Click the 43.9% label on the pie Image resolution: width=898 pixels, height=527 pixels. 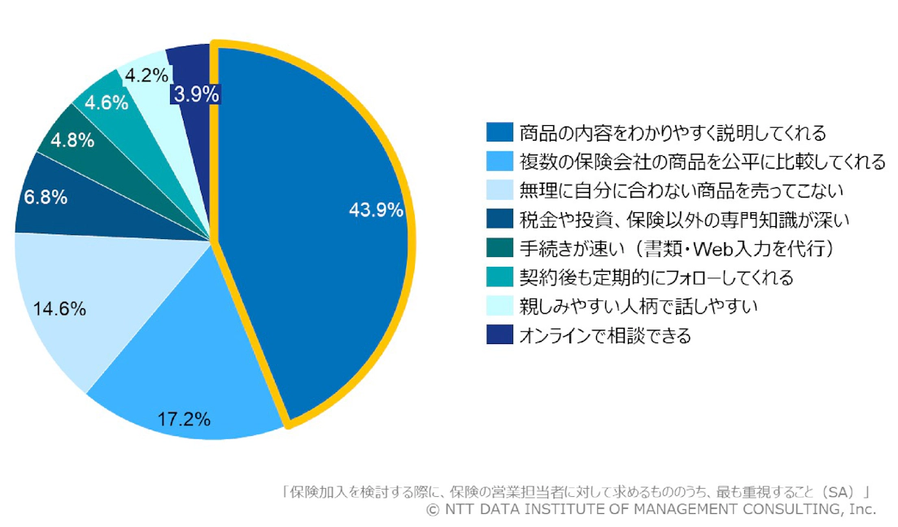click(x=376, y=210)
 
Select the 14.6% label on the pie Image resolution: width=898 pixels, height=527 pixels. click(x=59, y=309)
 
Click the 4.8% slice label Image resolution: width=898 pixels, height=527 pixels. click(x=72, y=139)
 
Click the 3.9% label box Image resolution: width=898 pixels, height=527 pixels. click(x=196, y=94)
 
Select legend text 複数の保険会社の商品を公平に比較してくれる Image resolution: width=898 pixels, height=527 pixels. click(x=702, y=161)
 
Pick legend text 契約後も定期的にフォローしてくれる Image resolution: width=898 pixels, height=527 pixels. click(x=656, y=277)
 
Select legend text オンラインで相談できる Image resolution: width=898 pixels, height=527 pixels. click(x=604, y=336)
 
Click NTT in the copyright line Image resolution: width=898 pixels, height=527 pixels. click(x=456, y=509)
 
